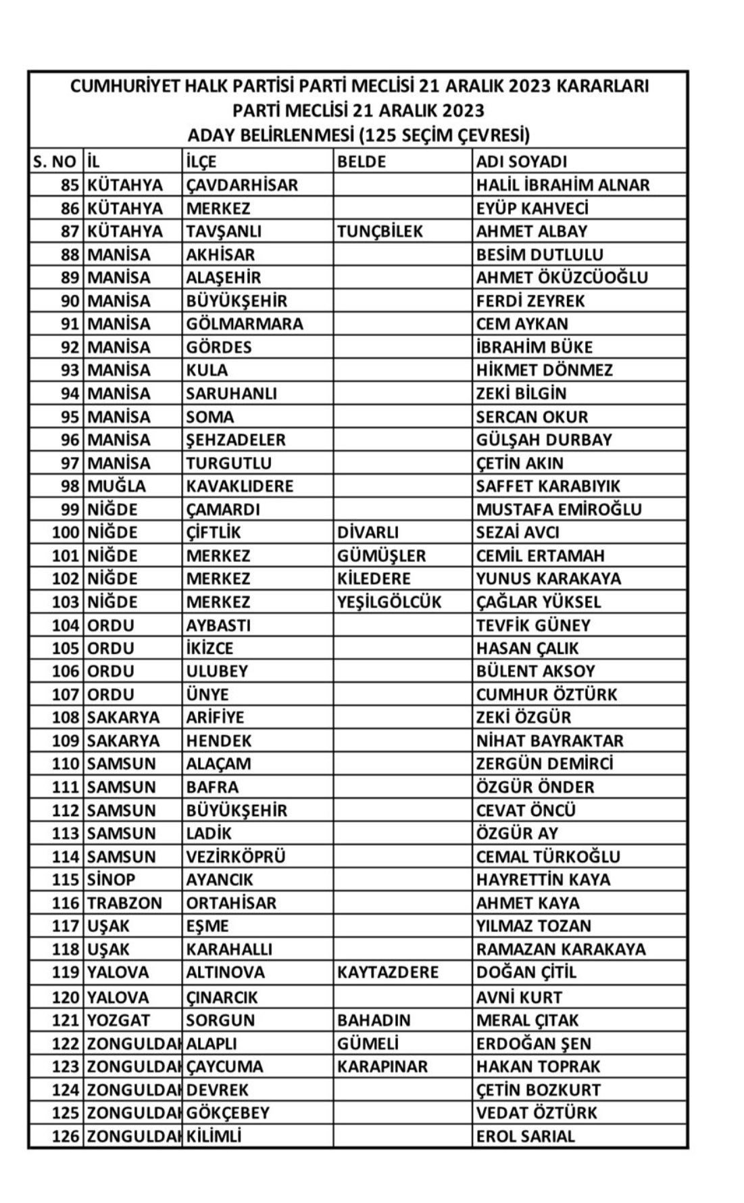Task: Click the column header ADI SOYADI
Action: pos(521,162)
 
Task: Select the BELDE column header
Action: pos(361,162)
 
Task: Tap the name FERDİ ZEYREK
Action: pos(530,301)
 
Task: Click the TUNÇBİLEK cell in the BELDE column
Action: pos(380,231)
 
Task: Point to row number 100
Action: pos(66,532)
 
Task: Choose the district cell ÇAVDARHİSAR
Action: pos(242,185)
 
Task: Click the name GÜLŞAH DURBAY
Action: pos(543,440)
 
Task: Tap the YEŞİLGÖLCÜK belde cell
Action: pos(389,602)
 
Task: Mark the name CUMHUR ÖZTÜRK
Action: pos(546,694)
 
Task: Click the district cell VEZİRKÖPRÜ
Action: pos(236,857)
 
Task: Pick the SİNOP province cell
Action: pos(111,880)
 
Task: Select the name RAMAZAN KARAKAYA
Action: pos(560,949)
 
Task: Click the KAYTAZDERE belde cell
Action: pos(387,972)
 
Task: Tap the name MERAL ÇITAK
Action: pos(527,1020)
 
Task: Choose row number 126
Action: pos(66,1136)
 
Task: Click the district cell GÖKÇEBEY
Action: pos(228,1112)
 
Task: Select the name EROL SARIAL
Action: pos(525,1136)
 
